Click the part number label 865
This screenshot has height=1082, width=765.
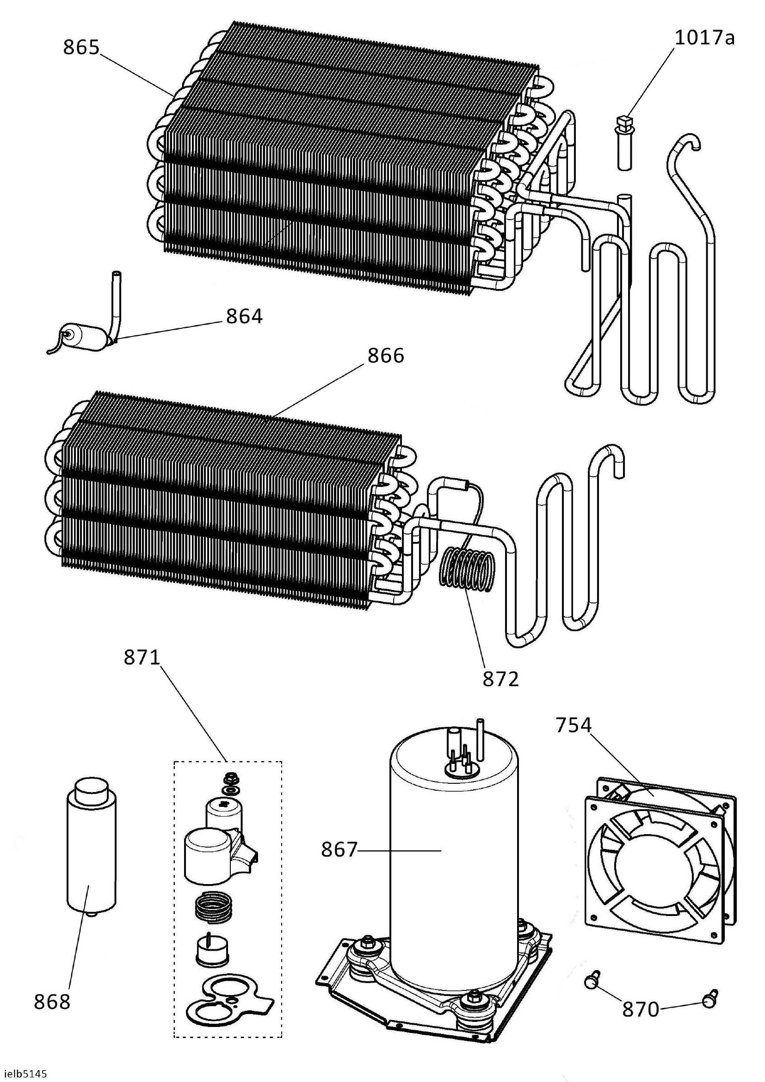(81, 48)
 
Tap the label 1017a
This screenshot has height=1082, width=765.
(704, 37)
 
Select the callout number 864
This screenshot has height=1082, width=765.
(244, 316)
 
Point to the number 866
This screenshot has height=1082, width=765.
(386, 355)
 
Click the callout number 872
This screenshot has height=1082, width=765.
(500, 679)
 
